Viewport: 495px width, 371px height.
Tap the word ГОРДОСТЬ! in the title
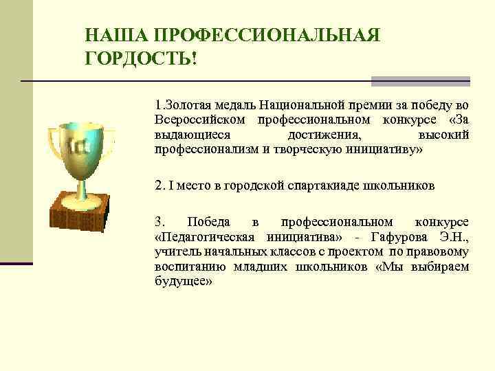(141, 59)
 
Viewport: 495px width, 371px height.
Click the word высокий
(443, 134)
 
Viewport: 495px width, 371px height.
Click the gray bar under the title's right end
(420, 82)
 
